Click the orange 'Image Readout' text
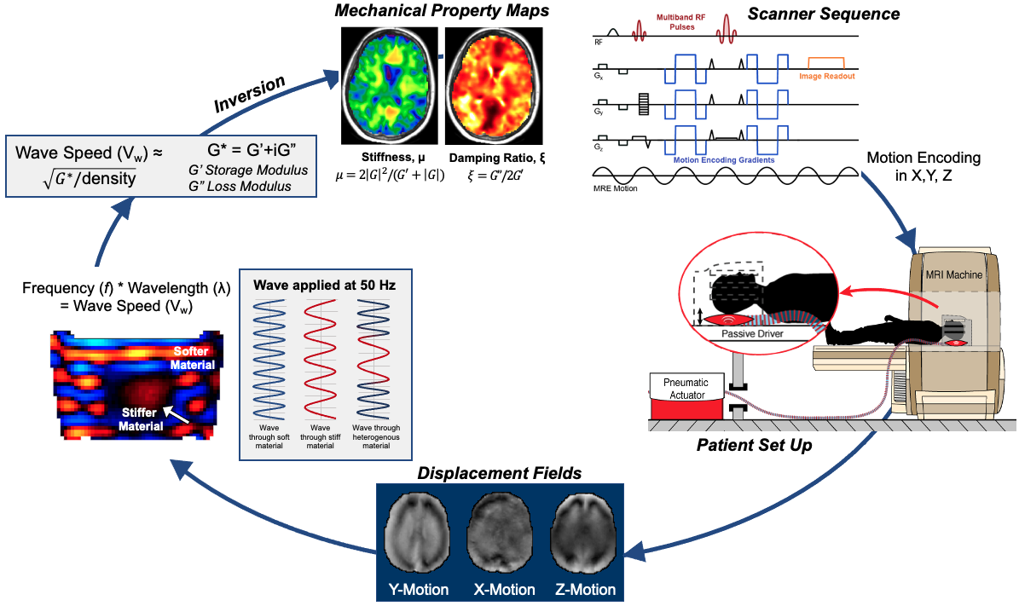click(x=826, y=77)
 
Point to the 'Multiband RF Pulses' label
click(x=680, y=22)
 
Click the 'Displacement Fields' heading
click(x=499, y=473)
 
